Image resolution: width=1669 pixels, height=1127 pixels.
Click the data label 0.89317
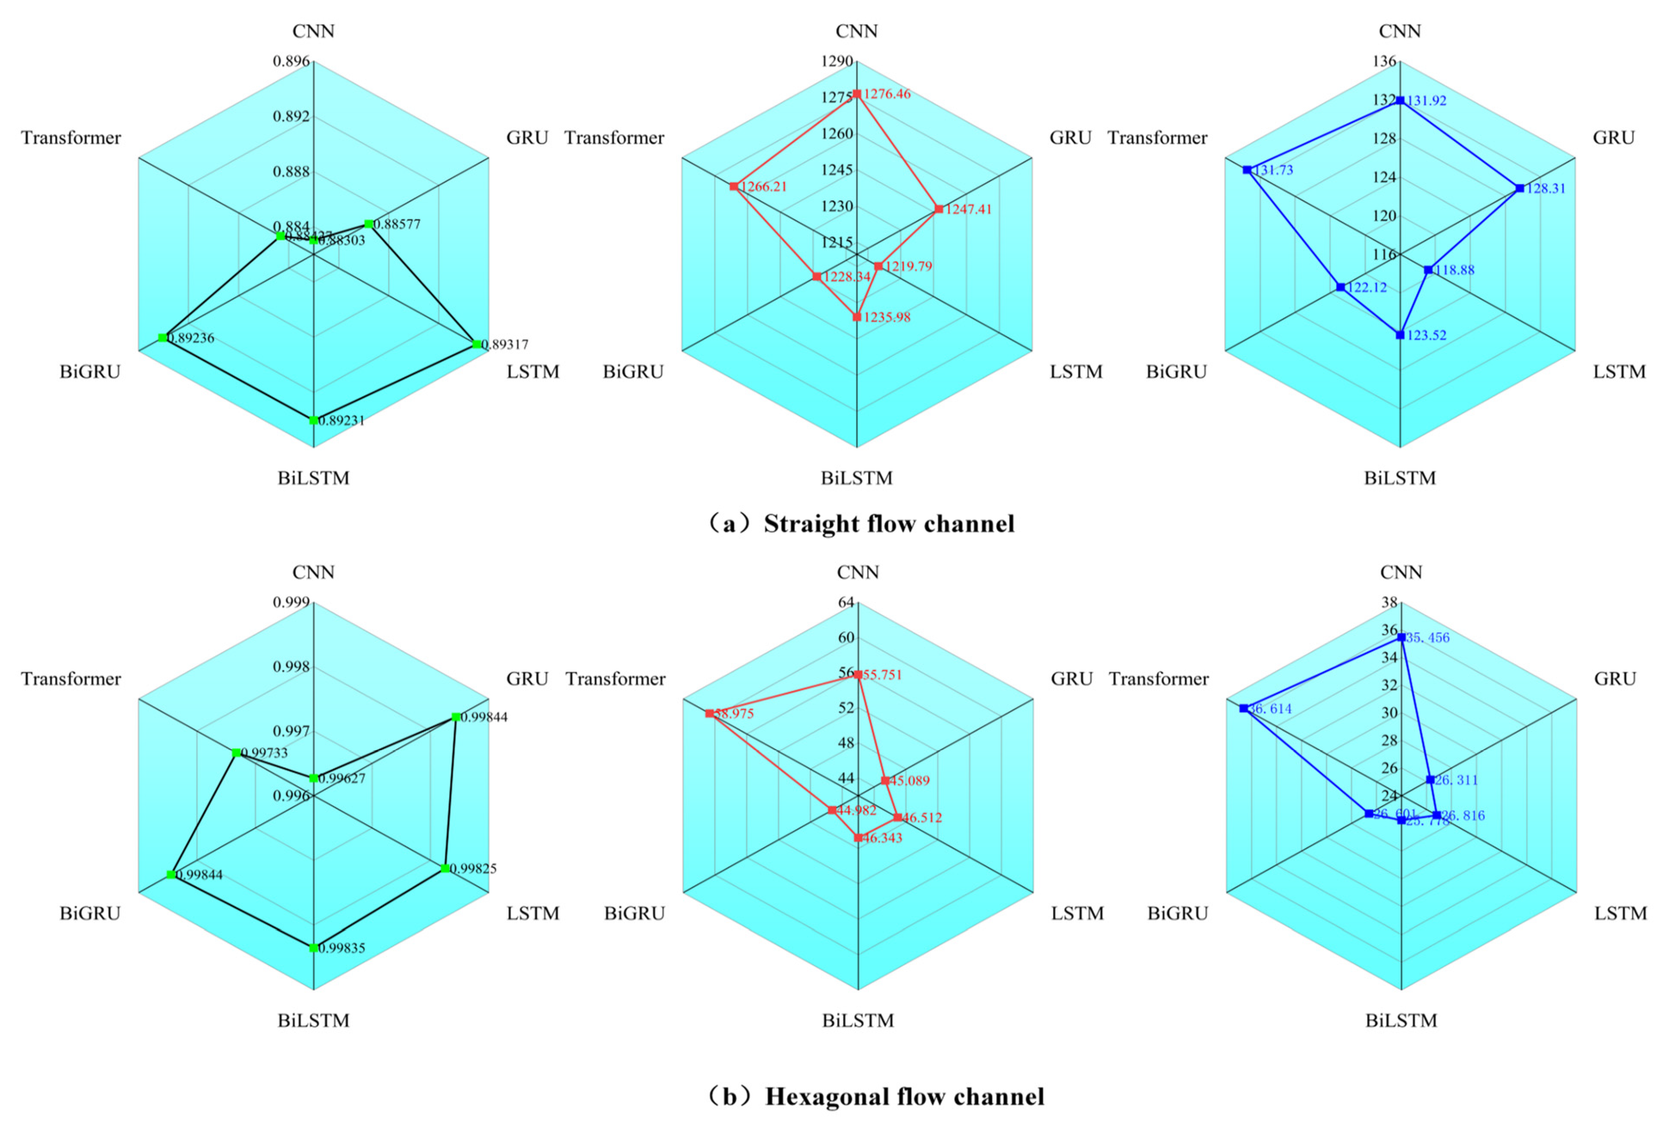click(x=505, y=345)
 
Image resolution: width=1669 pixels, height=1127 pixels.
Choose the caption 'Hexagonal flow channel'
click(x=904, y=1096)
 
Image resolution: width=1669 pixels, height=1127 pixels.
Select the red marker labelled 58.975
click(x=710, y=714)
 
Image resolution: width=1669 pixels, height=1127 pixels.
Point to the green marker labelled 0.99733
click(x=236, y=752)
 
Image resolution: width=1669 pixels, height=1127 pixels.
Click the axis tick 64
click(x=847, y=602)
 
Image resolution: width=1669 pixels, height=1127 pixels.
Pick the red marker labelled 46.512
click(x=898, y=818)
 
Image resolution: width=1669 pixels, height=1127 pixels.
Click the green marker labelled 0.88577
click(x=368, y=224)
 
